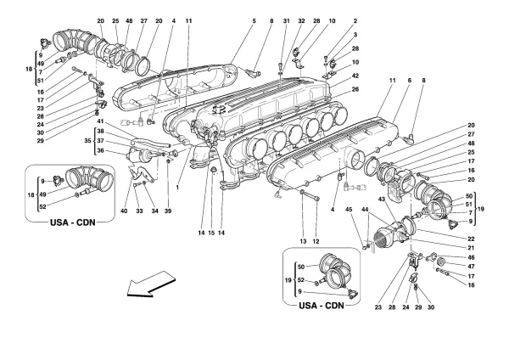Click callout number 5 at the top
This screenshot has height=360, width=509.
pyautogui.click(x=228, y=20)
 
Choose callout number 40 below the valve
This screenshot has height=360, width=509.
pyautogui.click(x=125, y=211)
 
